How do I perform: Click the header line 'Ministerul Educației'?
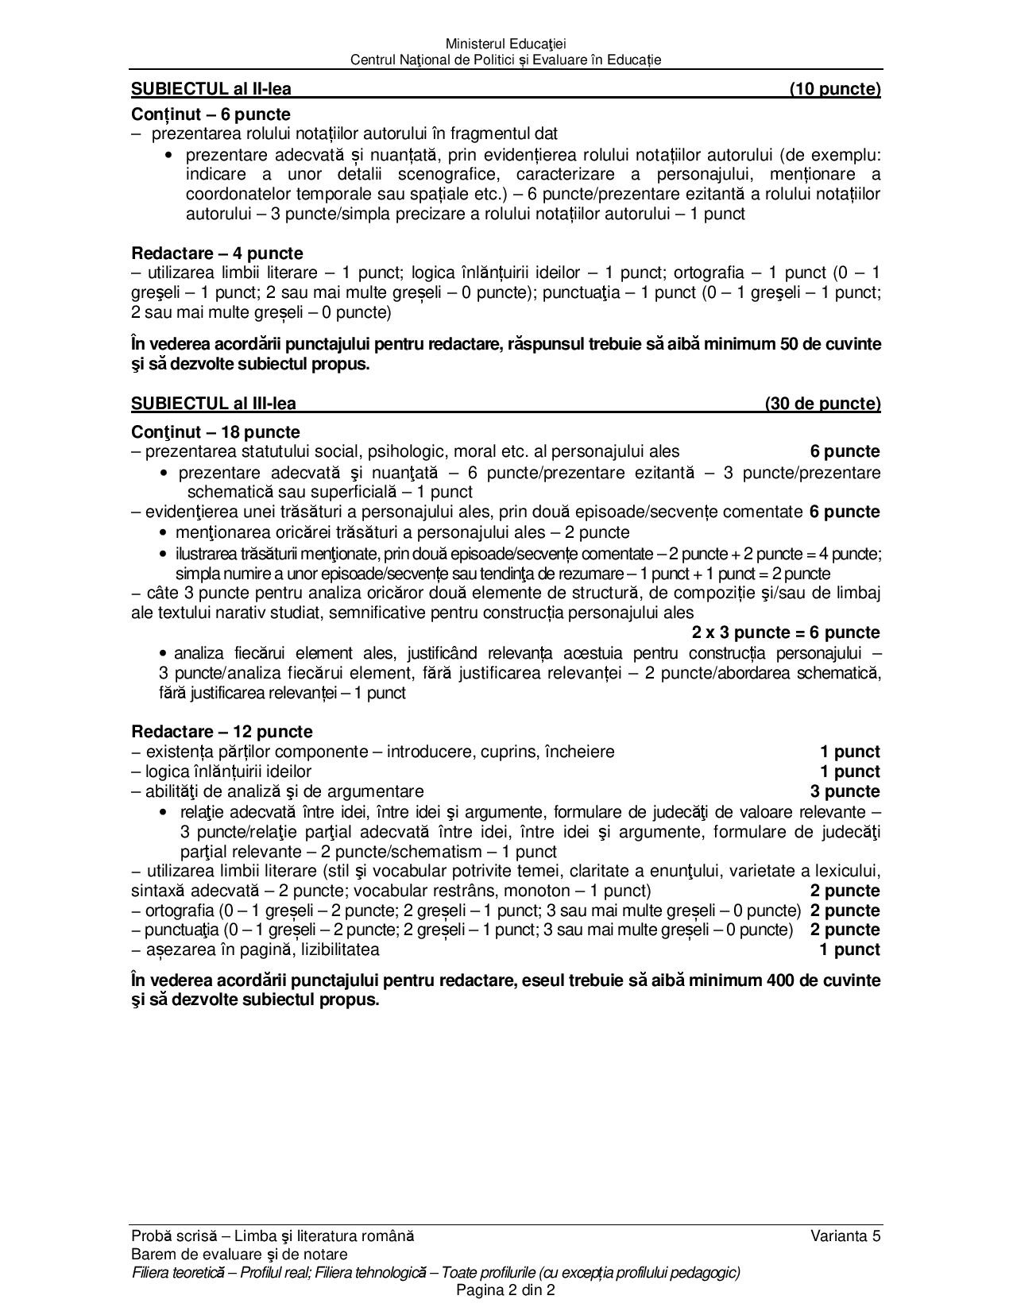pos(505,44)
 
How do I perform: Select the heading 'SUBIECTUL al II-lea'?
pos(216,89)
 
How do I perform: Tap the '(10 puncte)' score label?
pos(834,89)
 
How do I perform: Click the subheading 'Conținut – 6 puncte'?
pos(211,114)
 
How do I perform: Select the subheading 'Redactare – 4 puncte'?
pos(217,253)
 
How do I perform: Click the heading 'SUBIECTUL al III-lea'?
pos(214,404)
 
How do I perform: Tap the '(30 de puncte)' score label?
pos(822,404)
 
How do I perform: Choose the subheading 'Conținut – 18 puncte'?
pos(215,432)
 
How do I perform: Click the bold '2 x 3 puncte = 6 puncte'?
pos(785,633)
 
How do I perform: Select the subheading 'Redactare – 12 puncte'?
pos(222,732)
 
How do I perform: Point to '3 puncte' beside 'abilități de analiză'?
pos(845,791)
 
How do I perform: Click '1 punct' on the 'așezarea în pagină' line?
pos(849,949)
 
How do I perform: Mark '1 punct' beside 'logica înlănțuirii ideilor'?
pos(849,772)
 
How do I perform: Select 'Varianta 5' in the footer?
pos(845,1236)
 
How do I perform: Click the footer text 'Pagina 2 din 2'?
pos(505,1290)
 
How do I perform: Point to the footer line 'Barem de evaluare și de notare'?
pos(239,1254)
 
